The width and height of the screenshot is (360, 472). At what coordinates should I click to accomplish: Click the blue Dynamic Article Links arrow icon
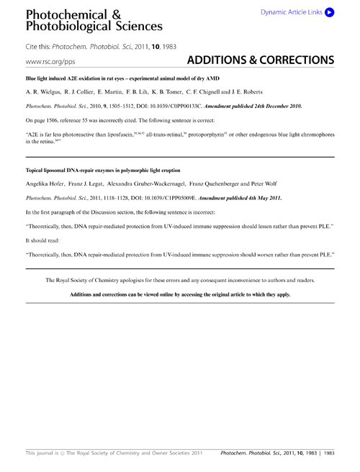[x=329, y=12]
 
